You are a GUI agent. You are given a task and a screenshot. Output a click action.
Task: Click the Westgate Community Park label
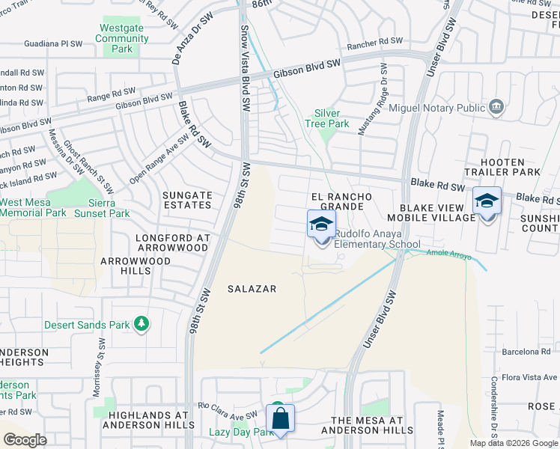[x=117, y=39]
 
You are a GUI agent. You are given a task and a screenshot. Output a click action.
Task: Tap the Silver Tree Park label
[x=327, y=119]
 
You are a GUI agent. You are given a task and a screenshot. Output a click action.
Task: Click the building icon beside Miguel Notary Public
[x=496, y=108]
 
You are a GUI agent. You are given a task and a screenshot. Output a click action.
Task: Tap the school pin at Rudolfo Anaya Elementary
[x=321, y=224]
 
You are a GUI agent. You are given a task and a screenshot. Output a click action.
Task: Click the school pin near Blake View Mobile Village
[x=487, y=201]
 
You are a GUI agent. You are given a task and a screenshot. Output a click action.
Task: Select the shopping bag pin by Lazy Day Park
[x=280, y=419]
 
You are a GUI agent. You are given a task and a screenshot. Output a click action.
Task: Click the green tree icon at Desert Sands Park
[x=141, y=324]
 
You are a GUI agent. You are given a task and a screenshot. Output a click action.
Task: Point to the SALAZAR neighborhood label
[x=252, y=289]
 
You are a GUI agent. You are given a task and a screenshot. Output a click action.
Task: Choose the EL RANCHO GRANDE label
[x=341, y=201]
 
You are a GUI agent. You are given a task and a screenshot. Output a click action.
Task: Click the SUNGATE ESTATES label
[x=188, y=200]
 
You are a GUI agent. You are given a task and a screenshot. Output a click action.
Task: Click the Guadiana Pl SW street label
[x=53, y=43]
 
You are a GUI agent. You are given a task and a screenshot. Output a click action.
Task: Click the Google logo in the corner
[x=25, y=439]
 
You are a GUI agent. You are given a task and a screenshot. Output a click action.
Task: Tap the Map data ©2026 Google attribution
[x=513, y=443]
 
